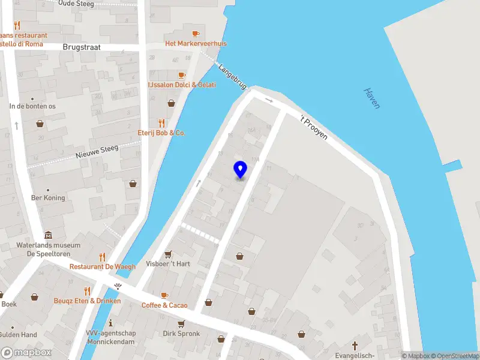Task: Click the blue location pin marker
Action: pyautogui.click(x=240, y=169)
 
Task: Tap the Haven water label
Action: pyautogui.click(x=373, y=98)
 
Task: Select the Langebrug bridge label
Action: pyautogui.click(x=233, y=77)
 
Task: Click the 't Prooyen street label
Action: pyautogui.click(x=314, y=127)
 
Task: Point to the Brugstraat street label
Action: pyautogui.click(x=81, y=46)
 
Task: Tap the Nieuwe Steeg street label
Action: pyautogui.click(x=97, y=150)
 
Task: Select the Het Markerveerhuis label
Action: pyautogui.click(x=196, y=44)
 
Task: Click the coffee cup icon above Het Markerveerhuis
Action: pyautogui.click(x=195, y=34)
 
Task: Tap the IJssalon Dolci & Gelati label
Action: pyautogui.click(x=182, y=85)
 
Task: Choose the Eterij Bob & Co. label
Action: pyautogui.click(x=161, y=133)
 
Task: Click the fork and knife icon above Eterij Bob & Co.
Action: pyautogui.click(x=161, y=122)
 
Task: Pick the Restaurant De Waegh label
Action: pyautogui.click(x=103, y=266)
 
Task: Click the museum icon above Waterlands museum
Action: pyautogui.click(x=48, y=235)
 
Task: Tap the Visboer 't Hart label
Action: pyautogui.click(x=168, y=264)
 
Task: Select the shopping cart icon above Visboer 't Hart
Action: pyautogui.click(x=168, y=254)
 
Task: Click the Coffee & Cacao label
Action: pyautogui.click(x=164, y=305)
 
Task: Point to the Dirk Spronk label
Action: pyautogui.click(x=181, y=334)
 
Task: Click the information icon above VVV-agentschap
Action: pyautogui.click(x=110, y=323)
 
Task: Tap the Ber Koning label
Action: pyautogui.click(x=48, y=198)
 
